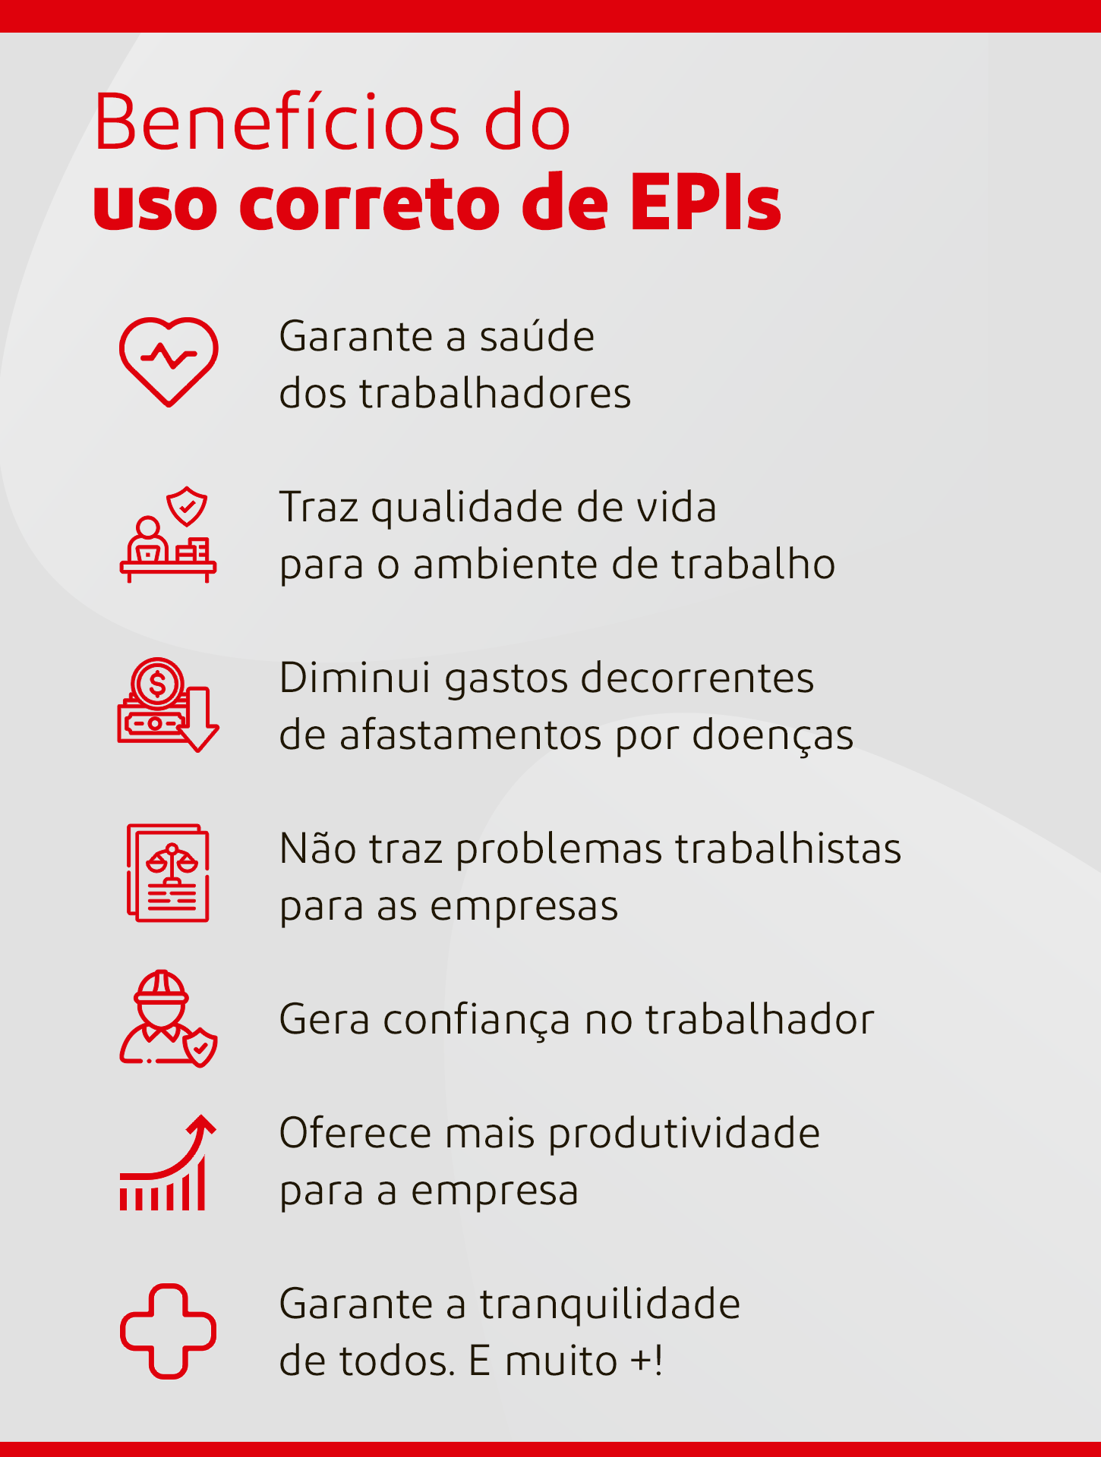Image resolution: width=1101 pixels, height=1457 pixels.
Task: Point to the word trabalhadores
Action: tap(495, 393)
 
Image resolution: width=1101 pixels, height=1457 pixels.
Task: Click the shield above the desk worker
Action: tap(187, 506)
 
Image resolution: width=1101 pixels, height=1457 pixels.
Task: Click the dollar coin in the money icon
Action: tap(157, 684)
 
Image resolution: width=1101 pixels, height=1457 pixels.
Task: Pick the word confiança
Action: tap(477, 1021)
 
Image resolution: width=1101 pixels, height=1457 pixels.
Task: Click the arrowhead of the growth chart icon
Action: tap(202, 1125)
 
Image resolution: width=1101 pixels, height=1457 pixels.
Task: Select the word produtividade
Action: tap(684, 1134)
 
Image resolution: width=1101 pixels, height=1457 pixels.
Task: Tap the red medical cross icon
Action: tap(168, 1331)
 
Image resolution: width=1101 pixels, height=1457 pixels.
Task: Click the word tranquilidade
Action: tap(610, 1305)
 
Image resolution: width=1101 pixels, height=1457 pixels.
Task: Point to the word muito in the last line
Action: tap(561, 1361)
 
